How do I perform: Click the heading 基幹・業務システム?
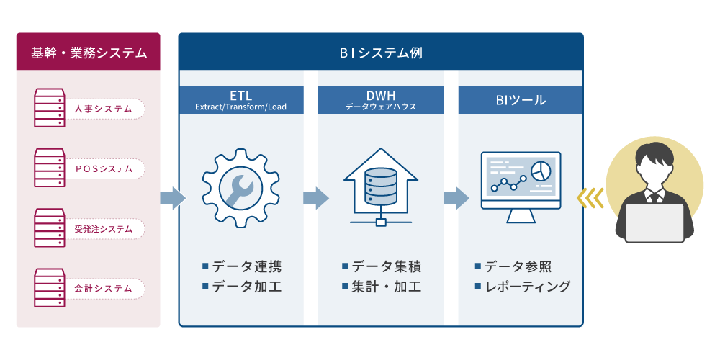pyautogui.click(x=89, y=53)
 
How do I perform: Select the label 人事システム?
pyautogui.click(x=103, y=109)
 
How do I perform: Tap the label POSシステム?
pyautogui.click(x=103, y=169)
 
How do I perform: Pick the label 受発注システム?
pyautogui.click(x=103, y=229)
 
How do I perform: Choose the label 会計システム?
pyautogui.click(x=103, y=289)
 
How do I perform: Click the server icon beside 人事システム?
pyautogui.click(x=50, y=108)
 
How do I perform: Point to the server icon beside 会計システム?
pyautogui.click(x=50, y=287)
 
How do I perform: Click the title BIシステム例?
pyautogui.click(x=381, y=53)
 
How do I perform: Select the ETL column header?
pyautogui.click(x=241, y=100)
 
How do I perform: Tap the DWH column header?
pyautogui.click(x=381, y=100)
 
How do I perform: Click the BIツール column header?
pyautogui.click(x=521, y=100)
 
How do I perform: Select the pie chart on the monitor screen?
pyautogui.click(x=541, y=171)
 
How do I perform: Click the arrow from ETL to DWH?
pyautogui.click(x=316, y=198)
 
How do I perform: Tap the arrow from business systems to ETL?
pyautogui.click(x=173, y=198)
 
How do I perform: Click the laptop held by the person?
pyautogui.click(x=654, y=223)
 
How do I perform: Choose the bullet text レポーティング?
pyautogui.click(x=528, y=286)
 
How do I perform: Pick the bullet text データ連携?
pyautogui.click(x=247, y=266)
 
